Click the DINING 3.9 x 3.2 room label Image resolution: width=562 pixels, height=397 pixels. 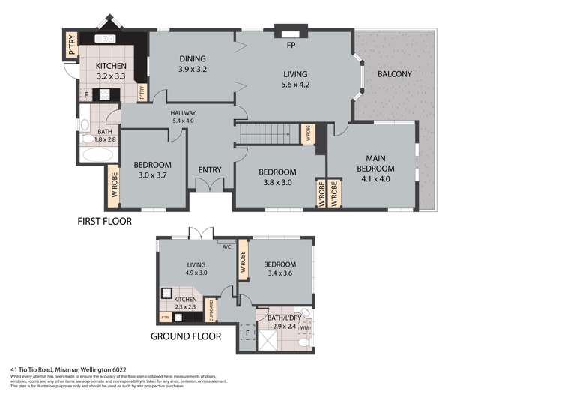(x=193, y=64)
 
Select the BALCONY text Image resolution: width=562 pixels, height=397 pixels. (x=395, y=74)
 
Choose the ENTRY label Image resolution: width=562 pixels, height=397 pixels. (x=210, y=170)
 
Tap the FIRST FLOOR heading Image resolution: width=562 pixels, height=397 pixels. (x=105, y=222)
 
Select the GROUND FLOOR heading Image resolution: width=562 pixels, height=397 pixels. (x=186, y=336)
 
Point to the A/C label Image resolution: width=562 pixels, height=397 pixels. (x=226, y=245)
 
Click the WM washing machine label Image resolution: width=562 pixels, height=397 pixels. (x=303, y=327)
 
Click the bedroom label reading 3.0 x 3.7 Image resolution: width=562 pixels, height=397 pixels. (x=153, y=170)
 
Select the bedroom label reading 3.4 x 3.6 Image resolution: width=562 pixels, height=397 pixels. (x=279, y=269)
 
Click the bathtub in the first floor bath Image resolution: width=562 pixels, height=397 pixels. (x=95, y=156)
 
